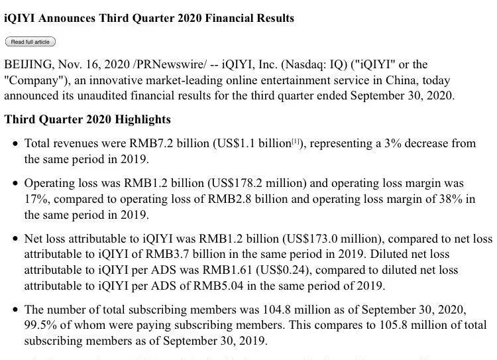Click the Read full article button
[30, 42]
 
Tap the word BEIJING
[28, 64]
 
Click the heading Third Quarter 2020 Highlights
[87, 120]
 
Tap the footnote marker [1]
[299, 141]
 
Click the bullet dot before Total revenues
[15, 144]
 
